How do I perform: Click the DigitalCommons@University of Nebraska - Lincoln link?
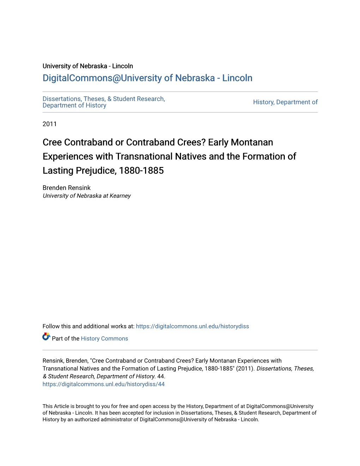point(147,78)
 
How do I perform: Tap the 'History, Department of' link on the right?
point(285,102)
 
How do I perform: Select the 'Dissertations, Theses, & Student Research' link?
point(103,99)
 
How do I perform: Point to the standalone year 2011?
point(49,124)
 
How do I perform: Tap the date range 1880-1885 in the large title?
point(141,171)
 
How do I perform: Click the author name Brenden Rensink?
point(66,188)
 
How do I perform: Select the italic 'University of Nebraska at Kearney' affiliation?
point(86,196)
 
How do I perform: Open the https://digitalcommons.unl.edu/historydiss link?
point(192,326)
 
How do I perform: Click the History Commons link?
point(104,339)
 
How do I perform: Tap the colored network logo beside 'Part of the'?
point(46,337)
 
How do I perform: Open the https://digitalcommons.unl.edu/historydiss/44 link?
point(103,384)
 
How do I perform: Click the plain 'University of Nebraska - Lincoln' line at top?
point(88,66)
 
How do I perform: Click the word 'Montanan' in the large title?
point(252,142)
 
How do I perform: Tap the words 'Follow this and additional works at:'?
point(88,326)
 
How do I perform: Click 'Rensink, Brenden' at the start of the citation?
point(65,361)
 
